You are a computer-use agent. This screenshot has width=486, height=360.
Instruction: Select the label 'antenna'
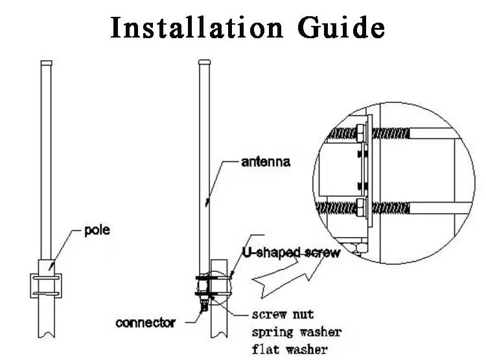265,163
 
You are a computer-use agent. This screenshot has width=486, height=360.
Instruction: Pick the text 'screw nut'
283,315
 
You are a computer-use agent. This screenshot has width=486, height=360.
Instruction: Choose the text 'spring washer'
297,333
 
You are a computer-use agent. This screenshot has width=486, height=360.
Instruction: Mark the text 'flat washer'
290,350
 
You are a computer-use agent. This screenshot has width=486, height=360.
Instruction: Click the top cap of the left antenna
46,63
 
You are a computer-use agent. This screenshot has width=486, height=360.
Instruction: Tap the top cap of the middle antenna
204,62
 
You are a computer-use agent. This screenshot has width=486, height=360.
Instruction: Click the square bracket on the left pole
46,285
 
